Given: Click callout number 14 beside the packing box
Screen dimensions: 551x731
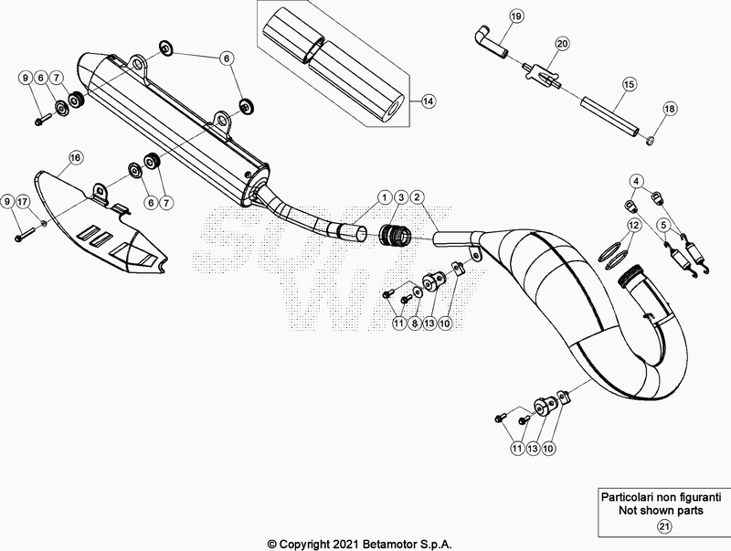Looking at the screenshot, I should click(429, 102).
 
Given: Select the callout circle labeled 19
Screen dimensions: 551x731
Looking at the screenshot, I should click(515, 17).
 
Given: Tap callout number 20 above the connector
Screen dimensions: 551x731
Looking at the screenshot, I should click(562, 43).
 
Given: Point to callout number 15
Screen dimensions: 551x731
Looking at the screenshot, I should click(629, 83).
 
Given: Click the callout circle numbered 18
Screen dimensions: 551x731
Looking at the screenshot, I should click(670, 109).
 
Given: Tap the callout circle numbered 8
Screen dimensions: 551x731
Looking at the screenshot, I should click(415, 323).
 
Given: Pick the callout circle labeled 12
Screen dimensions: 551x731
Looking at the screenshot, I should click(632, 224).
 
